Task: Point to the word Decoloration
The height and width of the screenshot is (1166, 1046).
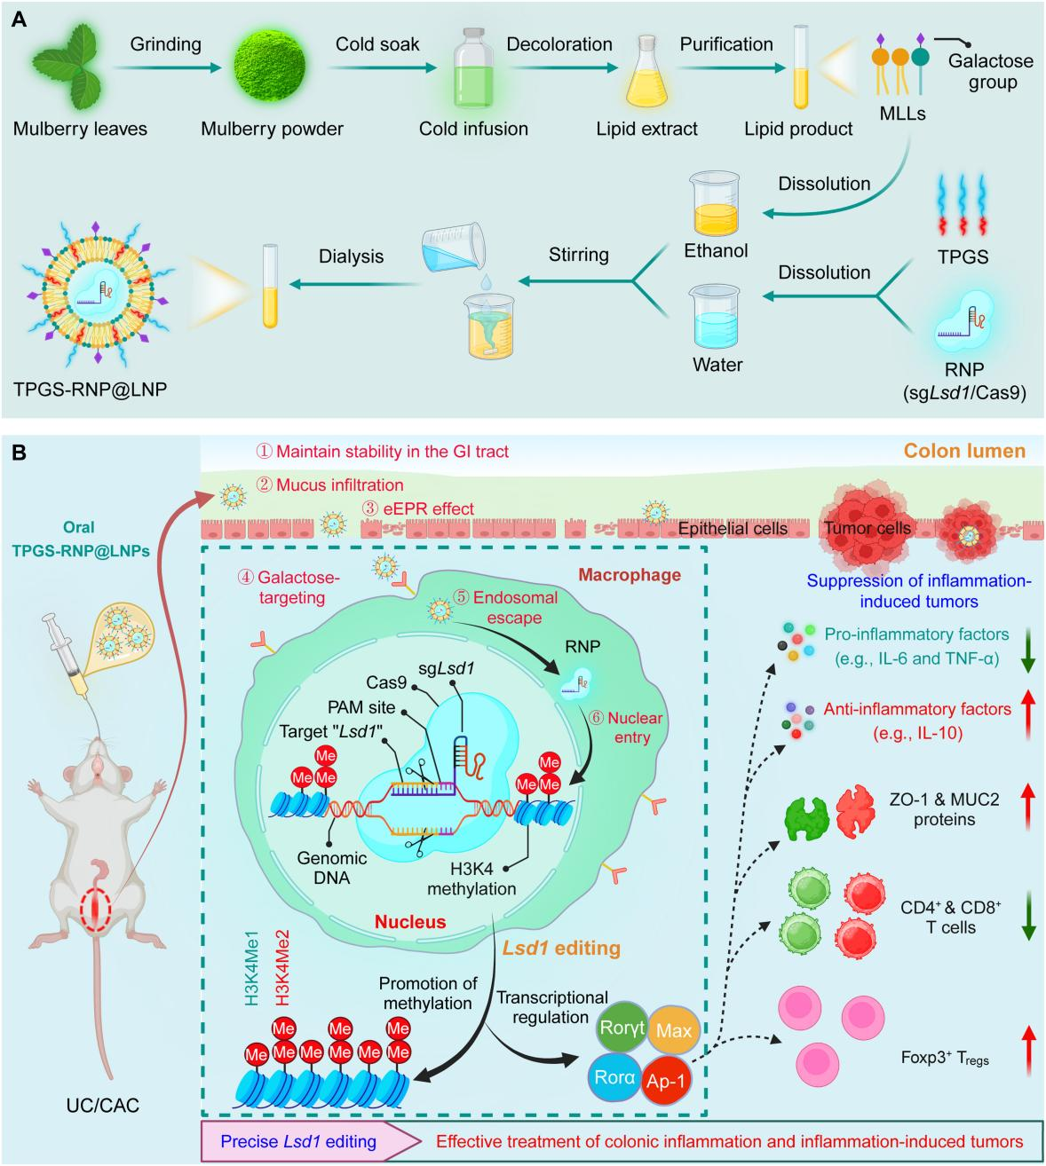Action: (x=559, y=43)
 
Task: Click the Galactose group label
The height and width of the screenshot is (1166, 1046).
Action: (x=990, y=72)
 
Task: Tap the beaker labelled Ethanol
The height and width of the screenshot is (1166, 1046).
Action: (x=717, y=198)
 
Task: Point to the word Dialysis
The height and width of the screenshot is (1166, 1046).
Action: (x=353, y=256)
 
